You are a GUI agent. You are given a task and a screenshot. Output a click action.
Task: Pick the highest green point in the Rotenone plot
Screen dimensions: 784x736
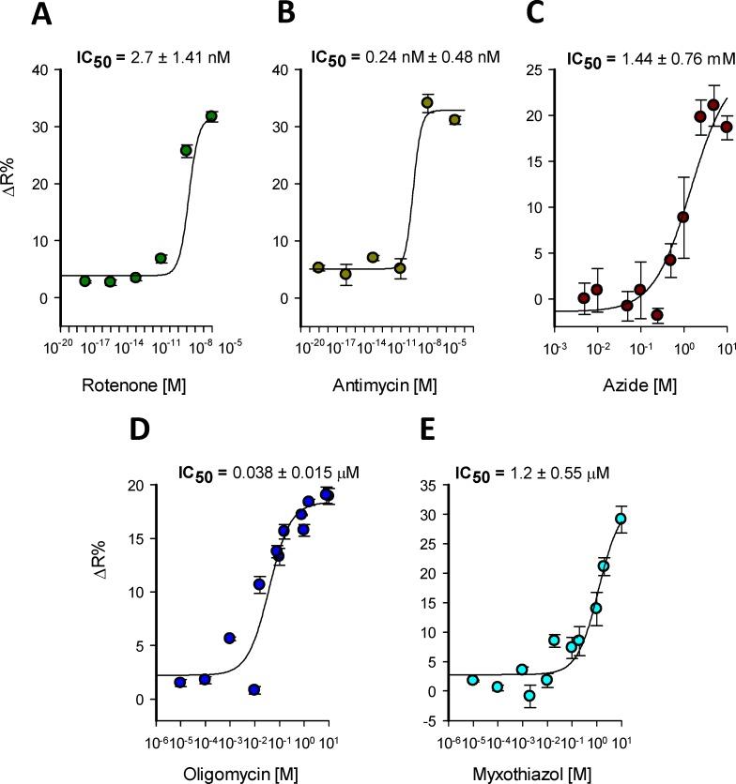(211, 116)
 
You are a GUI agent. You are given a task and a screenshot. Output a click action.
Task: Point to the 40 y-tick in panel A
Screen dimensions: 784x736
(42, 68)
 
